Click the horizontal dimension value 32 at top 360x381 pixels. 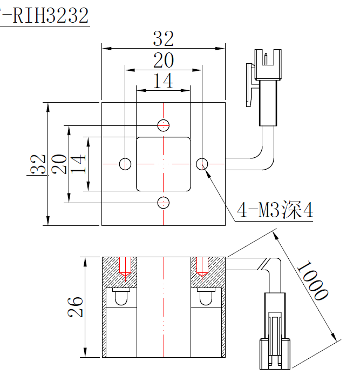(163, 39)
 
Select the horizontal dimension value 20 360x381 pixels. (163, 61)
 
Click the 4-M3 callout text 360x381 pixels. (275, 210)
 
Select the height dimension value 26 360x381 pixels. (76, 307)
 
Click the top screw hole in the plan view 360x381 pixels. (163, 125)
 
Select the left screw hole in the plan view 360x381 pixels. (125, 163)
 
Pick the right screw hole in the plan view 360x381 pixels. (202, 163)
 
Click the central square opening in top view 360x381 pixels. (164, 164)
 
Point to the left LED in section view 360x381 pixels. (122, 296)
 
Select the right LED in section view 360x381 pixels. (205, 296)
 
